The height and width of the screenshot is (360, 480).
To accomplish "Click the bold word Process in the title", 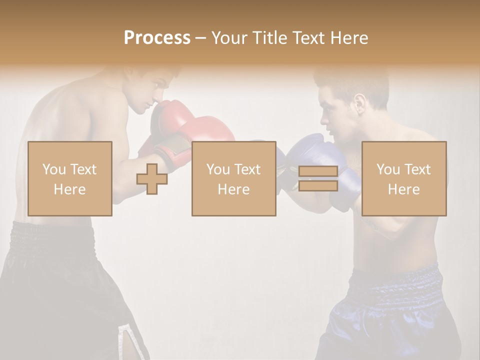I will pyautogui.click(x=157, y=38).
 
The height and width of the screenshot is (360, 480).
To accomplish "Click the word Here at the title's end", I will pyautogui.click(x=349, y=38).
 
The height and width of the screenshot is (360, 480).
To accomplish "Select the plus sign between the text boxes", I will pyautogui.click(x=152, y=178).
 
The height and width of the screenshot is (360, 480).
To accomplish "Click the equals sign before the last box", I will pyautogui.click(x=318, y=178).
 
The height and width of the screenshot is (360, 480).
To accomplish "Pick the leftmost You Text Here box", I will pyautogui.click(x=70, y=178).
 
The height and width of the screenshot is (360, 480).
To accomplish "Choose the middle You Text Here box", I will pyautogui.click(x=233, y=178).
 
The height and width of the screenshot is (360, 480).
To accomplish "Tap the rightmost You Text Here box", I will pyautogui.click(x=404, y=178).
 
